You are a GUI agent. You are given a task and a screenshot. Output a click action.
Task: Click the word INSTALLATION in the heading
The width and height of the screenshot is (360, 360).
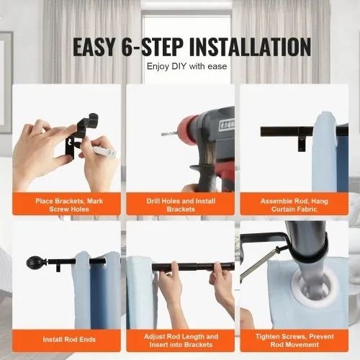pos(250,47)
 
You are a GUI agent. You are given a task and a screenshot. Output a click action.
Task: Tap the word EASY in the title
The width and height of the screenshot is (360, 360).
pos(94,47)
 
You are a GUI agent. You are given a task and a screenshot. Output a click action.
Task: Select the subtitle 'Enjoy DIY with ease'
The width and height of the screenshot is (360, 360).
pos(186,66)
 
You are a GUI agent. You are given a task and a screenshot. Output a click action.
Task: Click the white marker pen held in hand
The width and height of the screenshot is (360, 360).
pos(104,150)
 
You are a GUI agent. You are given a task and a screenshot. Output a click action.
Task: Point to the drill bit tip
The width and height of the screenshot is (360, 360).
pos(162,134)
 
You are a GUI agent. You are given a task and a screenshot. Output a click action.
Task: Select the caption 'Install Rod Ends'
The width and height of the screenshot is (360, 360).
pos(69,339)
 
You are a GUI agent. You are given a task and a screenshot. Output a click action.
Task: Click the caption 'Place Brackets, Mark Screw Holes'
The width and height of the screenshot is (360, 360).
pos(69,205)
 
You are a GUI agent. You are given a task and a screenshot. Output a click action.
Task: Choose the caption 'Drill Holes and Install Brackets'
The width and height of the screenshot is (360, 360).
pos(181,205)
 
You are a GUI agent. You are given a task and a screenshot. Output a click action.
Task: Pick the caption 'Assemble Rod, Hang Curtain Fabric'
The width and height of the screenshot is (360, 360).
pos(294,205)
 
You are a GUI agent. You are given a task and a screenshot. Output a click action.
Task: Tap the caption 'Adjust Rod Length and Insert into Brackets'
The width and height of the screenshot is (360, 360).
pos(181,341)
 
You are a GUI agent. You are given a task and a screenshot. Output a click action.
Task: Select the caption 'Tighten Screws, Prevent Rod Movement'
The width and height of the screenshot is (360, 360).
pos(294,341)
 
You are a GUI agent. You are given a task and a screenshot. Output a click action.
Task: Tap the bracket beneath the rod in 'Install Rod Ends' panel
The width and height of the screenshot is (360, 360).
pos(58,268)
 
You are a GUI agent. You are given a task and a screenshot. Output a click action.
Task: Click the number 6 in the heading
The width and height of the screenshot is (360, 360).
pos(127,47)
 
